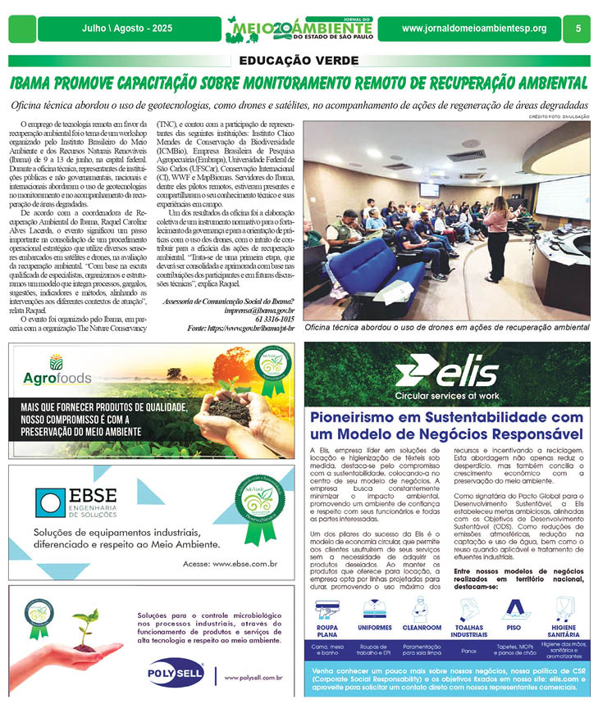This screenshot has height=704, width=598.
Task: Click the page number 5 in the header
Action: (577, 29)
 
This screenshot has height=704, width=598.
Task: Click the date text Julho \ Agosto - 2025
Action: (129, 29)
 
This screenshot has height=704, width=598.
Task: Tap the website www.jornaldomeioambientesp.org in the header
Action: (474, 29)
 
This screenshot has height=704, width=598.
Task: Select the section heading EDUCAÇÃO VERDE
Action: (299, 61)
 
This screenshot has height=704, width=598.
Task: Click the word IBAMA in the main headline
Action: (38, 84)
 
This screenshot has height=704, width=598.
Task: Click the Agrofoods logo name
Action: (57, 380)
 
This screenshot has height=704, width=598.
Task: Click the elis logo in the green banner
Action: (447, 373)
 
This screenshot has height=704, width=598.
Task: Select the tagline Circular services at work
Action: (446, 395)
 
